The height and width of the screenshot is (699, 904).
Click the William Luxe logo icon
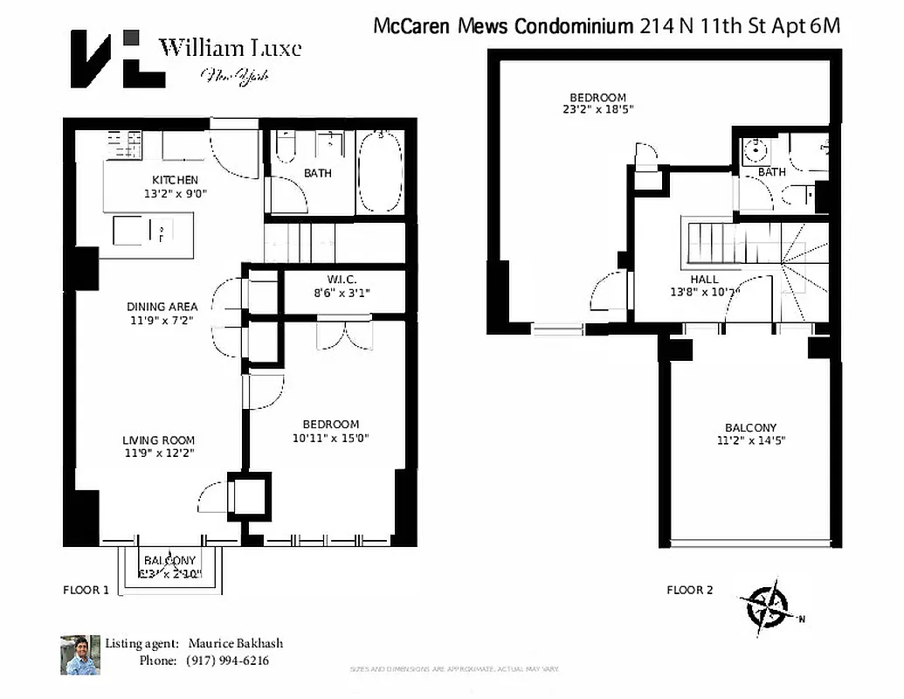coord(117,58)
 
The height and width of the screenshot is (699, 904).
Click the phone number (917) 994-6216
coord(227,661)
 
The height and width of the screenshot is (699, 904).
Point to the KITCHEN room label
coord(176,180)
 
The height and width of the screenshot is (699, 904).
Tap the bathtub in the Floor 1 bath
coord(380,171)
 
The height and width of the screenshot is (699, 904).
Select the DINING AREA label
coord(162,307)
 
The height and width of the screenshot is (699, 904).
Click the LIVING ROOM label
coord(159,440)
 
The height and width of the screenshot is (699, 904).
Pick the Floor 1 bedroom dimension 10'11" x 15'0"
coord(331,439)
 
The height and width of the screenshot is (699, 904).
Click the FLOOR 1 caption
coord(86,590)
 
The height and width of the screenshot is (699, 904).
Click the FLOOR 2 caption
coord(689,590)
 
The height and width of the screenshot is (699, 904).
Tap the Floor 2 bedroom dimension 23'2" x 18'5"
coord(598,110)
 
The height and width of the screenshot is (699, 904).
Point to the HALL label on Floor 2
coord(704,280)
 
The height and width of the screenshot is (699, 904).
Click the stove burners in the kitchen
coord(125,143)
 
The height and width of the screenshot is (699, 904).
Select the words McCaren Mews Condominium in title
coord(503,25)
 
